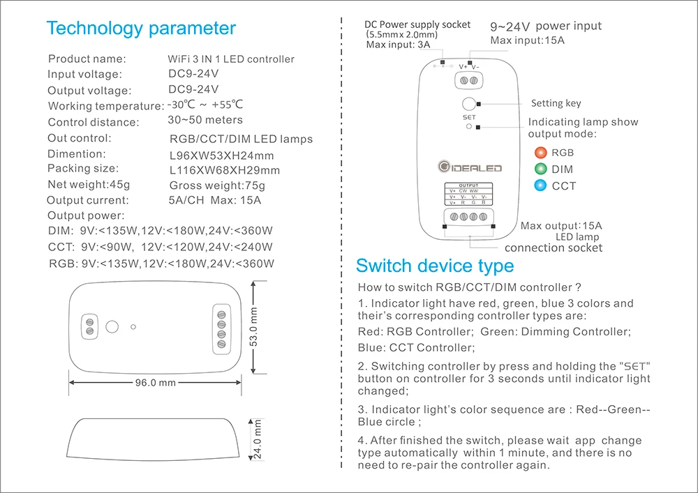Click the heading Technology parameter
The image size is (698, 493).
click(x=141, y=29)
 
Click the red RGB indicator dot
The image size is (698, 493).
click(x=540, y=153)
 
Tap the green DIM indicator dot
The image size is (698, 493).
click(x=540, y=169)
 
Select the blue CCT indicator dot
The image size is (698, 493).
click(x=540, y=185)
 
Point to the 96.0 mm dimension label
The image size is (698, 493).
click(x=156, y=383)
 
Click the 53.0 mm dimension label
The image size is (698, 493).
click(x=253, y=327)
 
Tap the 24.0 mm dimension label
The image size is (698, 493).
click(x=258, y=439)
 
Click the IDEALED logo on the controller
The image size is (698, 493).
click(x=470, y=167)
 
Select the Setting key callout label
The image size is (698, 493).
click(x=556, y=104)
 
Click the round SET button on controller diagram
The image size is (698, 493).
click(x=469, y=104)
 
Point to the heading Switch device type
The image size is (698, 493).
click(x=435, y=266)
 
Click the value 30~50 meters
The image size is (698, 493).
click(x=205, y=120)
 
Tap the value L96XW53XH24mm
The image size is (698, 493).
click(x=222, y=156)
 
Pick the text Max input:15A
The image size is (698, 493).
click(x=527, y=40)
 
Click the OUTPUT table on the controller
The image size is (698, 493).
click(x=469, y=194)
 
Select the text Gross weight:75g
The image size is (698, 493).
click(x=217, y=185)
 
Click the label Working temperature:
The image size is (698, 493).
click(x=106, y=106)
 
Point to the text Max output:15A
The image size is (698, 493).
click(x=561, y=226)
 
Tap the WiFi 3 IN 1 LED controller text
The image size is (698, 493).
click(x=231, y=59)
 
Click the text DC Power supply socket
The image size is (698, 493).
click(x=417, y=25)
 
